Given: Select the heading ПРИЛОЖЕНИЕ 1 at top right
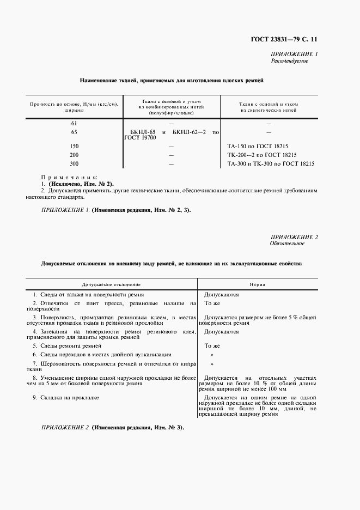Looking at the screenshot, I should [x=294, y=54].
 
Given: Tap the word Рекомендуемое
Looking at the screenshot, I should [x=289, y=61].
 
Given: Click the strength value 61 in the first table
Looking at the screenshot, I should [x=74, y=123].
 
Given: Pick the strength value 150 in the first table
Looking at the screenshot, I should [x=75, y=146].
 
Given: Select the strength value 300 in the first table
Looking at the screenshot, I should [x=75, y=163].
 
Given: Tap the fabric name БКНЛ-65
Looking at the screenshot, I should [x=143, y=132].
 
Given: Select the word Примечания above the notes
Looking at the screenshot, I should [x=69, y=177].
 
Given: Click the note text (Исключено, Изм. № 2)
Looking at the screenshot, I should [x=81, y=184].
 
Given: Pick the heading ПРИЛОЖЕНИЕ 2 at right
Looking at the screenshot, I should [x=294, y=236].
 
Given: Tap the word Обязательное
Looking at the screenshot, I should [x=287, y=244].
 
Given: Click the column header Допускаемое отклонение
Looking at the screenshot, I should [x=111, y=284].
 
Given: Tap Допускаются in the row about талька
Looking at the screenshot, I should [x=221, y=294].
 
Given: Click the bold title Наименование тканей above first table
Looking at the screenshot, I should [x=171, y=80].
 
